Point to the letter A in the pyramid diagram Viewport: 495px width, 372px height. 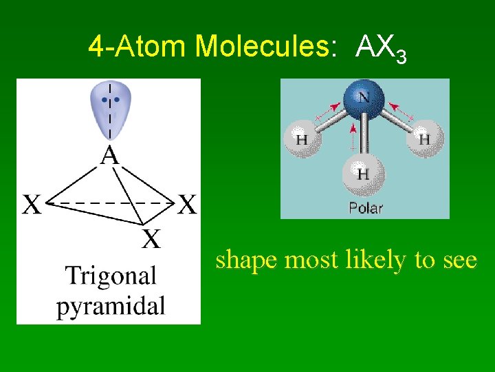click(x=110, y=157)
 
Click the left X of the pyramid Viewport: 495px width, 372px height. click(x=34, y=205)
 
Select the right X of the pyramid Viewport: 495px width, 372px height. click(x=187, y=205)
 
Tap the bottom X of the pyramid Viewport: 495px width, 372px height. click(x=151, y=239)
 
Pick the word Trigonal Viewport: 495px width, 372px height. click(x=111, y=276)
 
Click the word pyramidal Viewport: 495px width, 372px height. click(x=111, y=305)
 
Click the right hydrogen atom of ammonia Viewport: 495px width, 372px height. click(x=423, y=138)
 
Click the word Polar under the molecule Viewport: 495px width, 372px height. click(x=365, y=207)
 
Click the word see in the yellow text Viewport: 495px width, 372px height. click(x=455, y=261)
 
